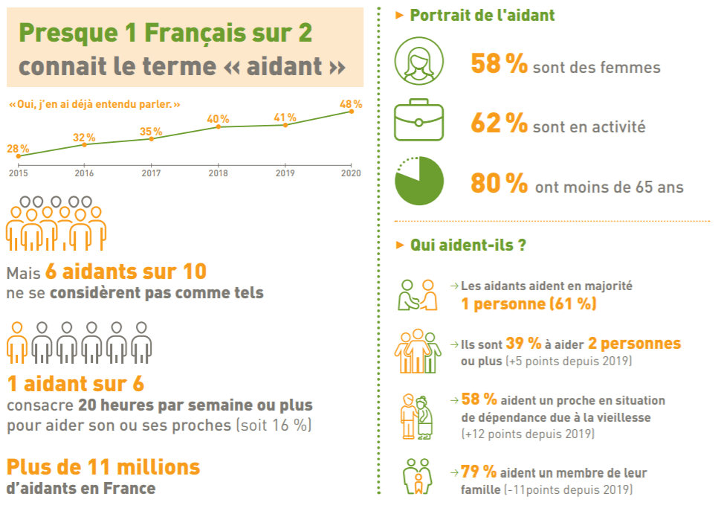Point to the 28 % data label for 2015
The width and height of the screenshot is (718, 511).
pos(18,148)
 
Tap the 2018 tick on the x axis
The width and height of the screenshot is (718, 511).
pos(218,173)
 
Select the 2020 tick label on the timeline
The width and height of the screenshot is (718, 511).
pos(351,173)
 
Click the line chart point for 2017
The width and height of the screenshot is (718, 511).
pos(151,138)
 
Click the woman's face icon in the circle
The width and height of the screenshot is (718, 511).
pos(418,62)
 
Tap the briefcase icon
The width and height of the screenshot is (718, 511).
pos(418,122)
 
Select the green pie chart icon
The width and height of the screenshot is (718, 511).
pos(418,181)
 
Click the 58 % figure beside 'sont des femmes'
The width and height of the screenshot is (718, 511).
pos(499,65)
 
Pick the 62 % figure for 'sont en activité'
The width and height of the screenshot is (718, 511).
pos(499,124)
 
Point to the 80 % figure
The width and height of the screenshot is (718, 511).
pos(499,184)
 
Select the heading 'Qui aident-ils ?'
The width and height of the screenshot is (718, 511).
pos(468,245)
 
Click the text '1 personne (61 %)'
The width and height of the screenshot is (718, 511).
pos(528,304)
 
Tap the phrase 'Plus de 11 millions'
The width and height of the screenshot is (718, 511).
pos(103,467)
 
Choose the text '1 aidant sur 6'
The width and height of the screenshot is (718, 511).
pos(75,384)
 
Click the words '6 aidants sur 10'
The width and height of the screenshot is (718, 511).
pos(126,271)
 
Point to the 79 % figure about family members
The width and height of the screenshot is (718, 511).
pos(479,472)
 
